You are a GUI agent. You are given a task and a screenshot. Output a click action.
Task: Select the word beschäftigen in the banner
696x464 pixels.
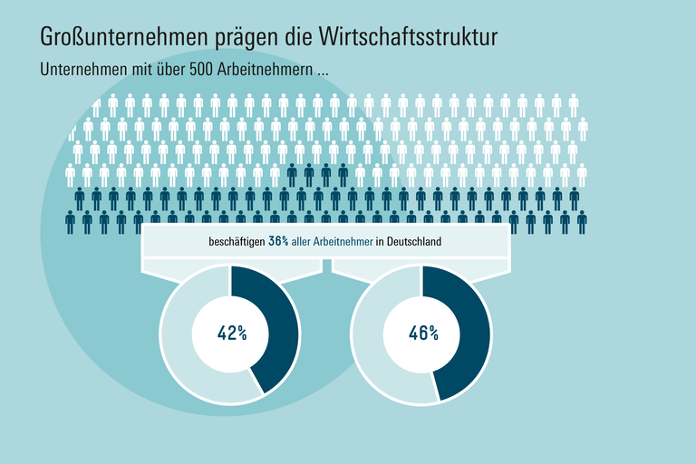click(237, 241)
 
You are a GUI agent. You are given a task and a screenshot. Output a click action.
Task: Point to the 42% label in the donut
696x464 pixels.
click(232, 333)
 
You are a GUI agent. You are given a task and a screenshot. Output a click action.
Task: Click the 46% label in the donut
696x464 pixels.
click(423, 333)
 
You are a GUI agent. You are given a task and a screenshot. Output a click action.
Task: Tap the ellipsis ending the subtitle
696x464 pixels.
click(322, 72)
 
